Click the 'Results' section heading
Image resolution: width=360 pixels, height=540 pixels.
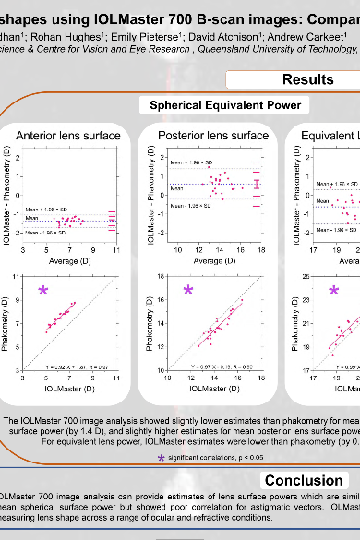click(308, 80)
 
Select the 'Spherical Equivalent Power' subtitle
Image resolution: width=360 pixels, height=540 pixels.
click(219, 105)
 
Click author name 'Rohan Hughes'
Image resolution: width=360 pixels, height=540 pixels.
click(55, 37)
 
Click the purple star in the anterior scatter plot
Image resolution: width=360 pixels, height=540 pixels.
click(42, 293)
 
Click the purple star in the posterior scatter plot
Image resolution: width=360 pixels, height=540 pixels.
click(188, 293)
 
